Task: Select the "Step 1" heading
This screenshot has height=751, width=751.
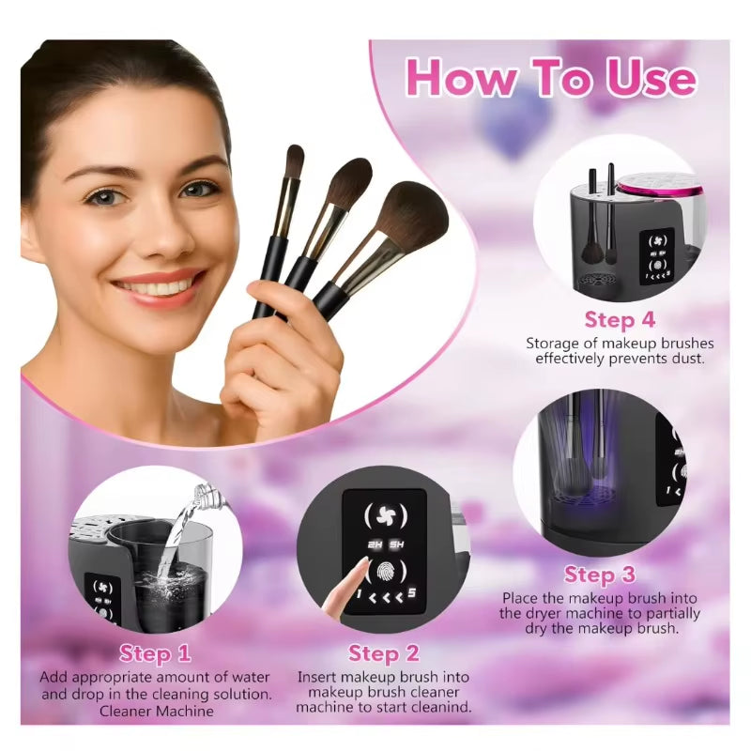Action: [155, 653]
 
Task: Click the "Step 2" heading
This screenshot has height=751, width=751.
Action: [383, 653]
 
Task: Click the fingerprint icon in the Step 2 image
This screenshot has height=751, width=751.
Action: [385, 570]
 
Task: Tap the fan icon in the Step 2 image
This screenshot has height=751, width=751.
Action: [385, 515]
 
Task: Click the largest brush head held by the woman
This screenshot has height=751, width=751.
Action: [412, 217]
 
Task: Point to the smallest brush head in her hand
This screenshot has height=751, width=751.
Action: [294, 162]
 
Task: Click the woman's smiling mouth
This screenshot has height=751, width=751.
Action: [161, 284]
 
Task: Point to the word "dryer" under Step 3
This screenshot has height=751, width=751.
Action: [546, 613]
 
